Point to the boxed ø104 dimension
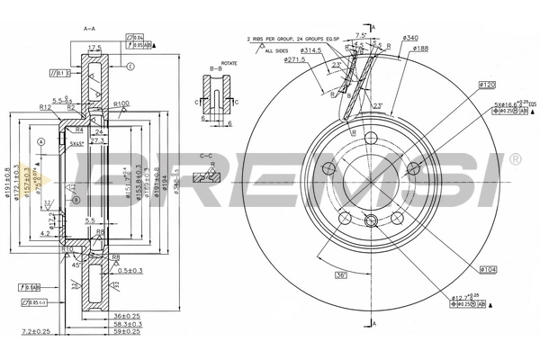point(489,268)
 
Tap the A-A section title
point(90,29)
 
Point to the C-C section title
point(207,156)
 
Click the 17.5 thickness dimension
point(94,47)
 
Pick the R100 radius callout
point(123,104)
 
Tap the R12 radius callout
point(44,106)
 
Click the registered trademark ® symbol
point(516,160)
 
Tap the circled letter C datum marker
point(131,67)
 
